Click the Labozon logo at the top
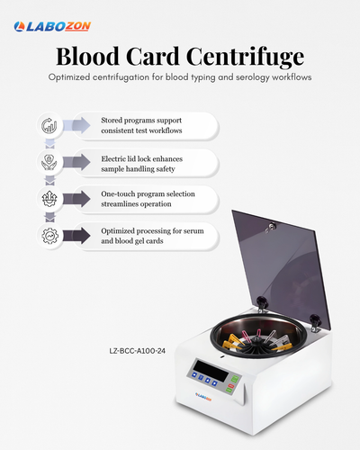[x=52, y=26]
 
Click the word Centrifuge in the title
[x=245, y=57]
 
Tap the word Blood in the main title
[x=88, y=56]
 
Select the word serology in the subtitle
[x=253, y=77]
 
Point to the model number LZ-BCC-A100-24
[x=137, y=351]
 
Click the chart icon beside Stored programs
[x=49, y=125]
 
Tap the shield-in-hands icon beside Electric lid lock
[x=49, y=162]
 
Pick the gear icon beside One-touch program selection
[x=49, y=199]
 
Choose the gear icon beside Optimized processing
[x=49, y=236]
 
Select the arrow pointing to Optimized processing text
[x=76, y=236]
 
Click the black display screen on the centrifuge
[x=211, y=371]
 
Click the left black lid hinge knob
[x=262, y=301]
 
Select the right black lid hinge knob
[x=315, y=319]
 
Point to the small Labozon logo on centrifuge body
[x=203, y=397]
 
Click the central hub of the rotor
[x=257, y=340]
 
